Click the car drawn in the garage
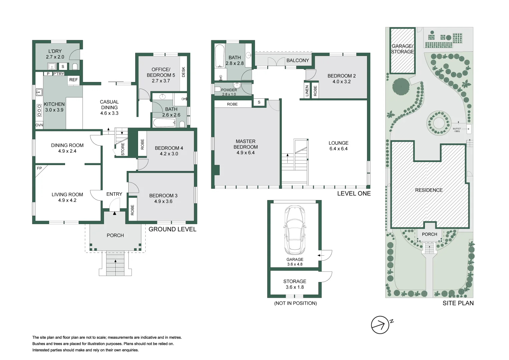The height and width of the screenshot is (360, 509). click(295, 230)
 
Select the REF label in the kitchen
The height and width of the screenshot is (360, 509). click(73, 80)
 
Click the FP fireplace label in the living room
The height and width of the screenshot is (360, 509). click(39, 168)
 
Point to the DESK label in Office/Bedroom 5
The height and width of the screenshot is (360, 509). click(183, 72)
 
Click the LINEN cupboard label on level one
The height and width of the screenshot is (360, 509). click(307, 91)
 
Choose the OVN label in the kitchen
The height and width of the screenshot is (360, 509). click(39, 125)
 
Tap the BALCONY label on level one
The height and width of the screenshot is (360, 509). click(298, 60)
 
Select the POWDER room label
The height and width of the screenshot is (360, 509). click(229, 90)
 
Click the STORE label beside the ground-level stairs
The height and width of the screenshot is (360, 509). click(123, 149)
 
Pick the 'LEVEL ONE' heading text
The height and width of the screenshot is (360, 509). click(354, 193)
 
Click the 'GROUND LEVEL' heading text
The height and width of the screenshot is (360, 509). click(172, 229)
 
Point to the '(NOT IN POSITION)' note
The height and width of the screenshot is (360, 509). click(295, 303)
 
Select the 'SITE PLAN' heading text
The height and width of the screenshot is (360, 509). click(458, 303)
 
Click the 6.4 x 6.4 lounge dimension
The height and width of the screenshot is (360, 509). click(339, 149)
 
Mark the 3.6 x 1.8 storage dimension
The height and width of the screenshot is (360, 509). click(295, 287)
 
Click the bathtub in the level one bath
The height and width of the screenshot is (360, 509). click(220, 56)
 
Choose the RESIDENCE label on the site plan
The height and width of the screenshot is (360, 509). click(429, 190)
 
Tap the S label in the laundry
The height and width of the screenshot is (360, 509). click(63, 67)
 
